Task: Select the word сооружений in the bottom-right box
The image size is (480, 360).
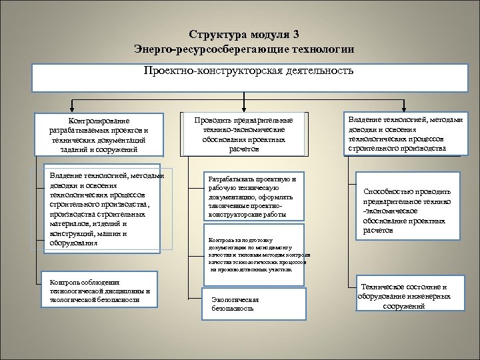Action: [404, 305]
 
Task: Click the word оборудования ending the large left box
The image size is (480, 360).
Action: [69, 243]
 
